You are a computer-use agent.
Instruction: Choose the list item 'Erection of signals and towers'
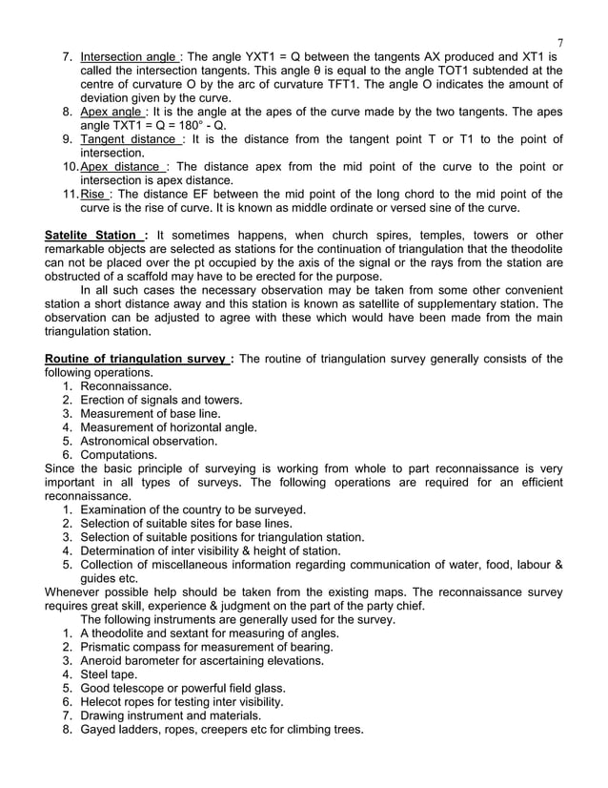(162, 400)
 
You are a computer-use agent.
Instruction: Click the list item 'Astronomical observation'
(150, 441)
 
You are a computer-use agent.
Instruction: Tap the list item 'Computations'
(120, 455)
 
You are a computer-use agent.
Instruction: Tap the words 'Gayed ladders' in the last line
(124, 730)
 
